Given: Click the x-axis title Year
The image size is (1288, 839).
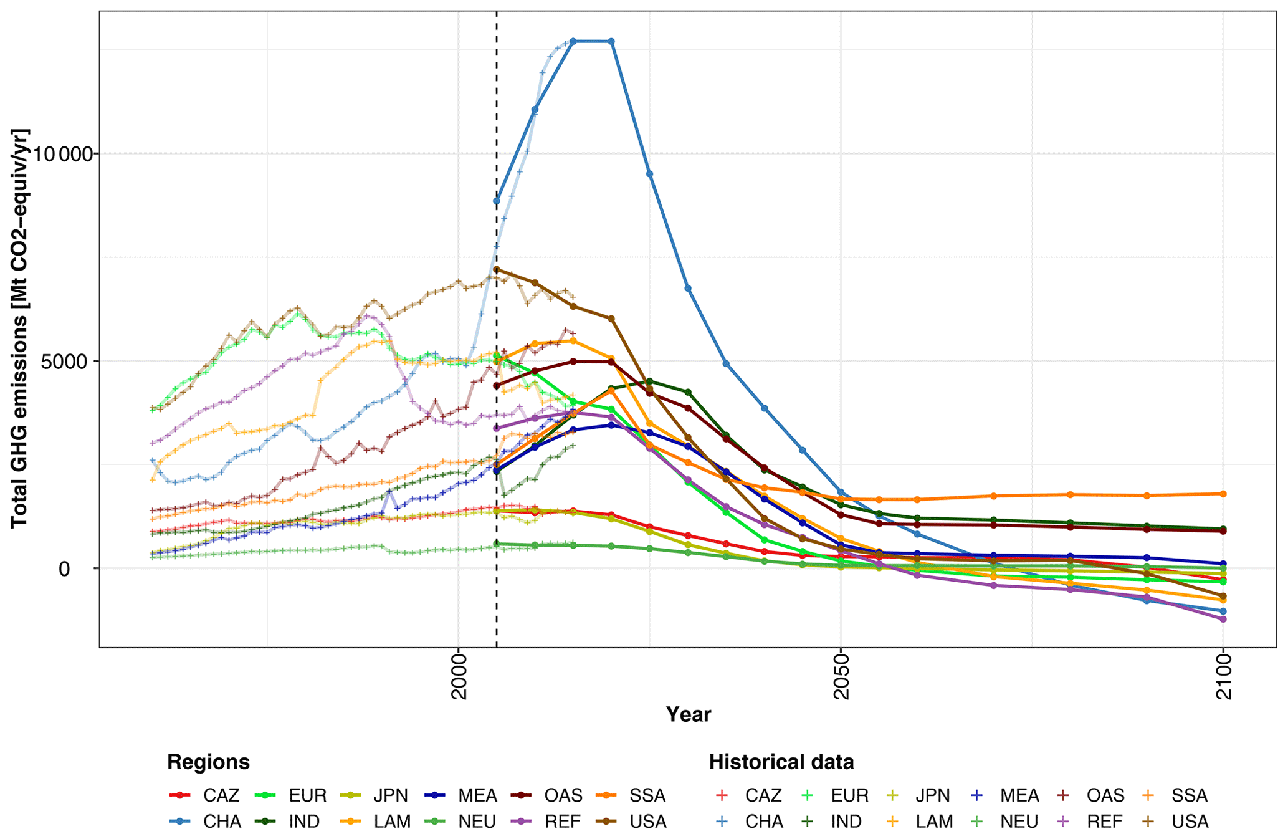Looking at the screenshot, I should click(688, 714).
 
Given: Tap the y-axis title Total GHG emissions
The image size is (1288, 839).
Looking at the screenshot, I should click(20, 328).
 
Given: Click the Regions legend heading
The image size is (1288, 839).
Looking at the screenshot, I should click(208, 762).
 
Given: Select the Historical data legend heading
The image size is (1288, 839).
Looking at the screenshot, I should click(781, 762).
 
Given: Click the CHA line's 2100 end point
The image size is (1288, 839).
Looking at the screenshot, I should click(1223, 611).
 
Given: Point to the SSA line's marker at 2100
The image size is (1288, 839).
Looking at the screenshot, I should click(1223, 494).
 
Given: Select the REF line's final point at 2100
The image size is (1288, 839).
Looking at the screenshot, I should click(1223, 619).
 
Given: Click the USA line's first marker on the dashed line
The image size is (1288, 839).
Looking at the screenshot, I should click(497, 270).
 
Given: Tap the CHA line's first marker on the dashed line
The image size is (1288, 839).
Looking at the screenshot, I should click(497, 201).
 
